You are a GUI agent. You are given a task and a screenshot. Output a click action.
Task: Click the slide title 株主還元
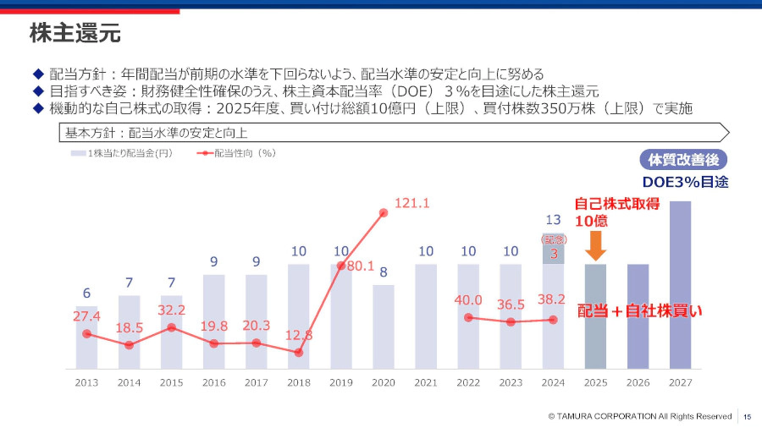click(75, 34)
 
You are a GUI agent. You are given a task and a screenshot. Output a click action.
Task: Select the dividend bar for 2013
click(86, 338)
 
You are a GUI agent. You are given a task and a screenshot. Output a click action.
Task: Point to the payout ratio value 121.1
click(412, 203)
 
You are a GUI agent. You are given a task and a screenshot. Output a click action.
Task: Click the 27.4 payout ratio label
click(86, 316)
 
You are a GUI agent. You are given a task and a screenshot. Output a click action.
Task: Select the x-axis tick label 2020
click(384, 382)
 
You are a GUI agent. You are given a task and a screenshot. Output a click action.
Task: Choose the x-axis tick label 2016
click(213, 382)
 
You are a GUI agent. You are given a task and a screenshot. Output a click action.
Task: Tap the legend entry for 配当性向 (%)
click(236, 153)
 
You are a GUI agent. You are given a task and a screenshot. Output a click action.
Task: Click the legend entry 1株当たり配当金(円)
click(122, 153)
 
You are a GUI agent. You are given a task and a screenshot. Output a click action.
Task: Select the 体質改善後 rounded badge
click(683, 160)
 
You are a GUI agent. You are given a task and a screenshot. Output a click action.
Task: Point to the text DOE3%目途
click(685, 182)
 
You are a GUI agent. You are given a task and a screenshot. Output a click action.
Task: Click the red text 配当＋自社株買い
click(640, 310)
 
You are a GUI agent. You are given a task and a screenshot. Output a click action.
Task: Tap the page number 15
click(748, 416)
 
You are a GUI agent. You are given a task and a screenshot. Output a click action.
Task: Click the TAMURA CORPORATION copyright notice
click(639, 416)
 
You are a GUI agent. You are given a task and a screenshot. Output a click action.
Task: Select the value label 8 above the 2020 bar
click(384, 272)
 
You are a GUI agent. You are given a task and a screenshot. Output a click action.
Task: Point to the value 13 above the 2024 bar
click(554, 221)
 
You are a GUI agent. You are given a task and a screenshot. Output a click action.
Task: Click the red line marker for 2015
click(171, 327)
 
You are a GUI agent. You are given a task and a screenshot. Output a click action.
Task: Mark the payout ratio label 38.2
click(554, 299)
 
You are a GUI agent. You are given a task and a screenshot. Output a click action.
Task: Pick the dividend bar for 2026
click(638, 316)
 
